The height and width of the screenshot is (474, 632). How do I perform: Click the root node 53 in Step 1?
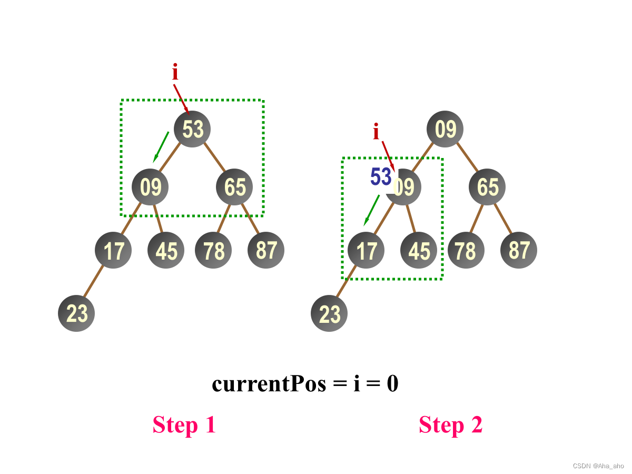[192, 129]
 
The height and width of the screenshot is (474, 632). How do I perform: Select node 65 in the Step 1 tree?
[234, 187]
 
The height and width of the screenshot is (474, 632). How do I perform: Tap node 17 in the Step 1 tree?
[113, 250]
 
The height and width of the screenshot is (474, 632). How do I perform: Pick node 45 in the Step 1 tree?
[166, 250]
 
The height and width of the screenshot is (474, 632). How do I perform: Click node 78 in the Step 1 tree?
[213, 250]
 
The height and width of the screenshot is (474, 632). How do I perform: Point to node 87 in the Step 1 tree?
[266, 250]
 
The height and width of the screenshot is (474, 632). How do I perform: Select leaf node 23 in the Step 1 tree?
[76, 313]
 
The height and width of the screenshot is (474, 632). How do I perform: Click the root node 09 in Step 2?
[445, 129]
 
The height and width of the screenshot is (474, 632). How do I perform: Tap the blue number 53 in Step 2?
[381, 177]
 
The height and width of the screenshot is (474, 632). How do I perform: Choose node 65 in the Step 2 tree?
[487, 187]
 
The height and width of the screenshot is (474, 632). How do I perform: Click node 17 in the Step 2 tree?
[366, 250]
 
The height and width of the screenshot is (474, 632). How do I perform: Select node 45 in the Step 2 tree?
[419, 250]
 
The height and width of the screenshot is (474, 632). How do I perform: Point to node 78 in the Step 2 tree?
[466, 250]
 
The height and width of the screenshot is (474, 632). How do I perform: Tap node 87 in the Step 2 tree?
[519, 250]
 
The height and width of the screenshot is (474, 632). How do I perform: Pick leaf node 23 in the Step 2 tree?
[329, 313]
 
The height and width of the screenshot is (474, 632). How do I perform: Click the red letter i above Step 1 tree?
[175, 73]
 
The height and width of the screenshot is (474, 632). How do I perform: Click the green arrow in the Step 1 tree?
[161, 147]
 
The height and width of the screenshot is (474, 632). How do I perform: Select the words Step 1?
[184, 424]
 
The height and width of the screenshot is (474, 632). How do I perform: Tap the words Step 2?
[451, 424]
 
